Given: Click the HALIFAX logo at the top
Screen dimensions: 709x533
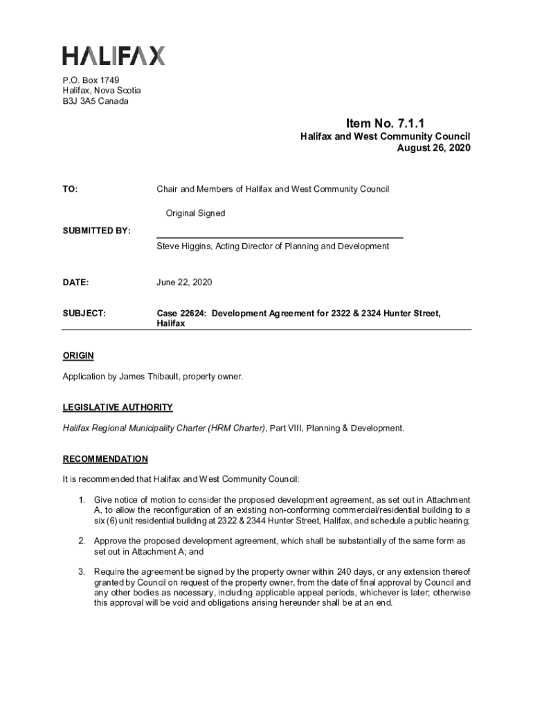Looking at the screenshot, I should point(114,56).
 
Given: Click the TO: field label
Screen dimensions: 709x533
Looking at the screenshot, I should point(71,189).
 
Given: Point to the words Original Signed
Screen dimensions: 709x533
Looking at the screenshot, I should point(195,213).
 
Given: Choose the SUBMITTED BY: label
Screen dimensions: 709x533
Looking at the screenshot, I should point(96,230).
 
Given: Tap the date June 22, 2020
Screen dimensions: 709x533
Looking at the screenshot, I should point(184,282).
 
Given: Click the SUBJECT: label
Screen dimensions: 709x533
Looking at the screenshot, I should point(84,314).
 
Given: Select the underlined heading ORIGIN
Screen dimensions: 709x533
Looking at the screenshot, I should point(78,356).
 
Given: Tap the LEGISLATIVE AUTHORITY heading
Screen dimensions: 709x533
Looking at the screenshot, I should point(118,407).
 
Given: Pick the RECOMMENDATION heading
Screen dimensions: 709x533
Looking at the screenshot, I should point(105,458).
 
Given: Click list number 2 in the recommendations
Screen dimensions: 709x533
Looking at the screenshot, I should point(81,541).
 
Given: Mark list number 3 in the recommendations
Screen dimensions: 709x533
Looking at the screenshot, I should point(81,572).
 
